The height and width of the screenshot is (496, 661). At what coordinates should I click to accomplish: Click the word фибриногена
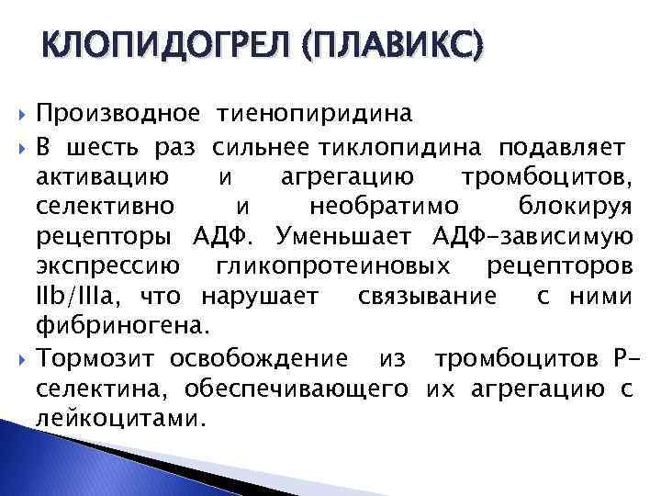pos(124,326)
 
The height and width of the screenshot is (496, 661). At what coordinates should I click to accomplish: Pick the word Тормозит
pos(95,356)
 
